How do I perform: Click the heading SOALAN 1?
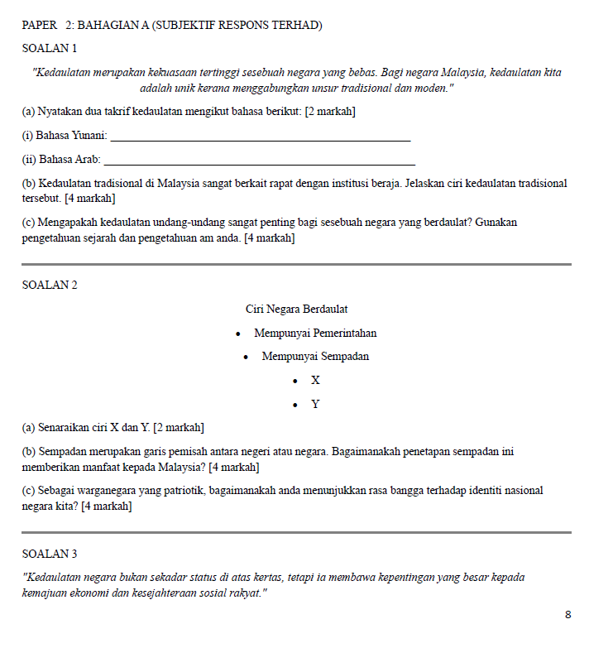click(50, 49)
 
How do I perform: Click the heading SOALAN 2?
click(50, 285)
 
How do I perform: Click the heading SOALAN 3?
click(50, 554)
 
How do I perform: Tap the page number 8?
click(567, 615)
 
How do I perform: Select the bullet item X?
click(315, 381)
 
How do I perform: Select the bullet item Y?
click(315, 405)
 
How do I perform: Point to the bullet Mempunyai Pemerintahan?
click(315, 334)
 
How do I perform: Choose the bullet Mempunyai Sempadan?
click(315, 357)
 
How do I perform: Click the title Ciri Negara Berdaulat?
click(296, 309)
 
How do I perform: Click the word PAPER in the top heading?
click(40, 26)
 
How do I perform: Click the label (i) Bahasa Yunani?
click(65, 135)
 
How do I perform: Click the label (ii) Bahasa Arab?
click(61, 159)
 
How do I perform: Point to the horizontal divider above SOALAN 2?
click(296, 264)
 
